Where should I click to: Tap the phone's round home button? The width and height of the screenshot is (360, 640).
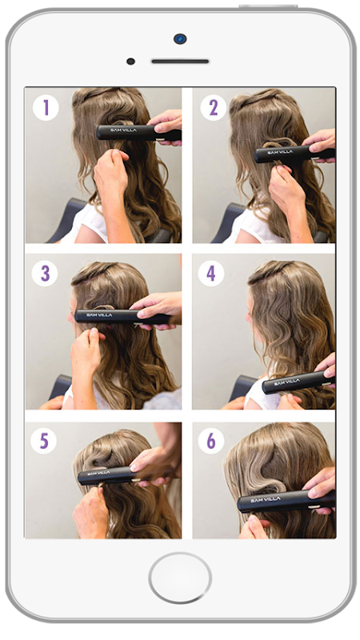[x=180, y=578]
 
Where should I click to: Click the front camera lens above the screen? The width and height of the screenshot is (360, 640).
[x=180, y=38]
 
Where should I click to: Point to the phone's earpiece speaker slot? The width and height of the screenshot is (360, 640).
[x=180, y=62]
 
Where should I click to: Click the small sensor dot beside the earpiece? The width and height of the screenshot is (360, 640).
[x=130, y=62]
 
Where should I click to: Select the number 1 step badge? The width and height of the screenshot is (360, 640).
[x=46, y=108]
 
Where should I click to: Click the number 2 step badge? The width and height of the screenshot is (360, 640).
[x=213, y=108]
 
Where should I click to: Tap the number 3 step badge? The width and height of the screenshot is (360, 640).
[x=45, y=273]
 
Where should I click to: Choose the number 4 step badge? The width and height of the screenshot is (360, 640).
[x=211, y=273]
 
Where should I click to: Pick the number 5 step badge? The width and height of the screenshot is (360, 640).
[x=44, y=441]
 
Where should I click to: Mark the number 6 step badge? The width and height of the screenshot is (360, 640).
[x=211, y=441]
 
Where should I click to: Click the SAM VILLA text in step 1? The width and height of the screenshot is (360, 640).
[x=123, y=130]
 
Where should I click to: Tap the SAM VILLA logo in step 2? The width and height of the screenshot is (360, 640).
[x=280, y=152]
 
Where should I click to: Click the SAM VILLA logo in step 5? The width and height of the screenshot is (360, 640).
[x=98, y=473]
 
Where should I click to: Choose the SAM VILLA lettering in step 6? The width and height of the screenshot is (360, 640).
[x=266, y=499]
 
